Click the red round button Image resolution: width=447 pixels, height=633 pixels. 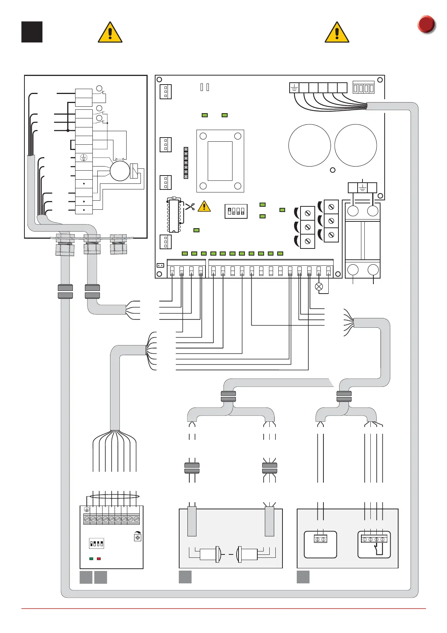click(426, 24)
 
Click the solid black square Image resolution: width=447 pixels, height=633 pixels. click(32, 32)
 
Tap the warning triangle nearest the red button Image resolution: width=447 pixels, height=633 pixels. click(337, 33)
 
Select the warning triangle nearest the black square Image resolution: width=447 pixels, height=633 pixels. click(110, 33)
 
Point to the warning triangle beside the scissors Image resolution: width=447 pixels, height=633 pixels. click(204, 206)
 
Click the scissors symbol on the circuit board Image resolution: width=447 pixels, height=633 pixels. click(190, 206)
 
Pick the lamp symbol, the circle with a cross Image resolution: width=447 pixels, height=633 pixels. click(319, 287)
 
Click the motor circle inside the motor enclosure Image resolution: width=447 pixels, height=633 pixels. click(120, 171)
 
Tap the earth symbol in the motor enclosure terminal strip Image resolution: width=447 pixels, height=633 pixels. click(84, 158)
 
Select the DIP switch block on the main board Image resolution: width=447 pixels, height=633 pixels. click(236, 211)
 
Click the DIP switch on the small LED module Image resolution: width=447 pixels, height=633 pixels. click(96, 544)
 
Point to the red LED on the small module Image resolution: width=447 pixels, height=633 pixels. click(99, 559)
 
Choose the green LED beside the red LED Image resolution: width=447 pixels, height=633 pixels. click(91, 559)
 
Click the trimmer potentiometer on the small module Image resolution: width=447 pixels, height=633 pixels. click(137, 538)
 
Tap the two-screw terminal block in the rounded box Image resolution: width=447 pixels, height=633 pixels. click(320, 539)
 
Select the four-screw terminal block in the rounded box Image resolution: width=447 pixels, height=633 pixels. click(374, 539)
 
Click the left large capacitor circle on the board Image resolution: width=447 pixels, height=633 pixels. click(310, 145)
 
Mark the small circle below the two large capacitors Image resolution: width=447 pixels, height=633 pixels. click(332, 170)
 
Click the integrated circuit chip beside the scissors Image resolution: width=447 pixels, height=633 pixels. click(174, 216)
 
